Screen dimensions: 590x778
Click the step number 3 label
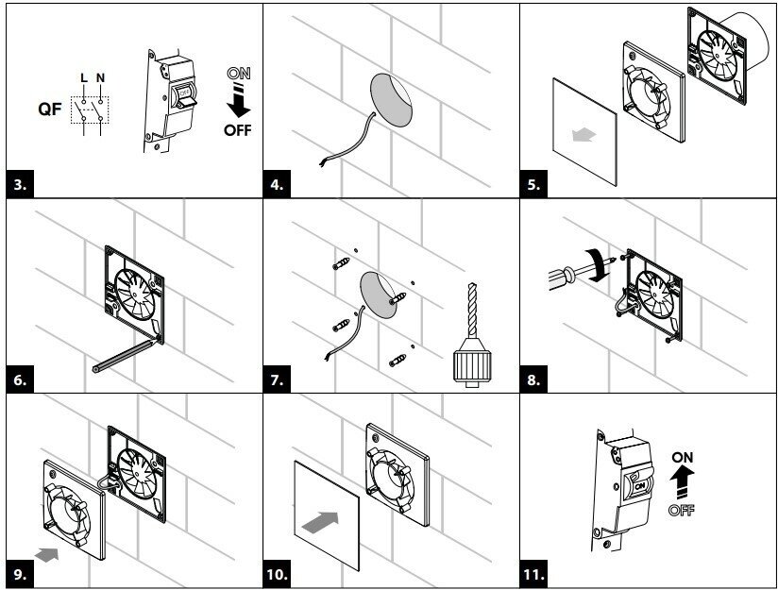[20, 183]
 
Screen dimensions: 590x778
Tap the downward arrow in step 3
[239, 100]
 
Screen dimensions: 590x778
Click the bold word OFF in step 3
[239, 129]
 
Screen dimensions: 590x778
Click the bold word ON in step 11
[683, 457]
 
